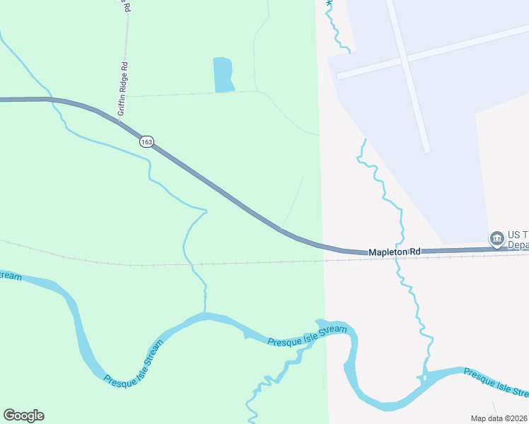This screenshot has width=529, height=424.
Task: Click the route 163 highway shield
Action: point(146,141)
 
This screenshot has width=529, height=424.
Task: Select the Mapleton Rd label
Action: point(395,252)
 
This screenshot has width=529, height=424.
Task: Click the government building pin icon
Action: point(496,237)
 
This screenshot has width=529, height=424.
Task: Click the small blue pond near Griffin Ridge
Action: point(223,74)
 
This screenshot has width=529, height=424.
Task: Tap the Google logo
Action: point(23,416)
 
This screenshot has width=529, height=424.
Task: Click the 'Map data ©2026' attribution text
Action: point(499,418)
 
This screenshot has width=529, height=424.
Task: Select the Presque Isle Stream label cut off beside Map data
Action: point(495,382)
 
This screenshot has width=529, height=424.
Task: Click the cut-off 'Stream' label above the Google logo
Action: point(10,276)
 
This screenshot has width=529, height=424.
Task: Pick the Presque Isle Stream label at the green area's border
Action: point(308,336)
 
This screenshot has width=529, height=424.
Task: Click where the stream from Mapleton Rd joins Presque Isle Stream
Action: point(424,375)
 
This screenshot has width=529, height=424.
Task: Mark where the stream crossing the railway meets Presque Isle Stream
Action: point(205,314)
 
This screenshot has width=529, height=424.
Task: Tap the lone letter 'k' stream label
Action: point(327,4)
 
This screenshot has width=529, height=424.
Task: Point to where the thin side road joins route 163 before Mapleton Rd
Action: point(281,228)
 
